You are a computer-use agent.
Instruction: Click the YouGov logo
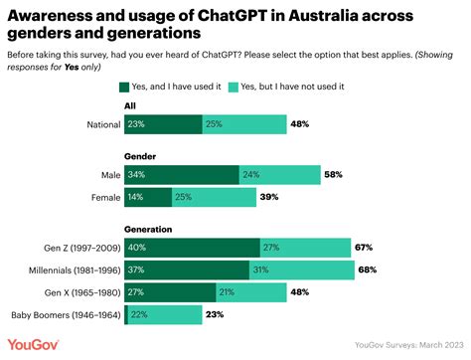[33, 344]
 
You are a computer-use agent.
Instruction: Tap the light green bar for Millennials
[301, 270]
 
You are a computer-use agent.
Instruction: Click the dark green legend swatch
[124, 86]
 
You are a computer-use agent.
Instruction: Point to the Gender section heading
[139, 156]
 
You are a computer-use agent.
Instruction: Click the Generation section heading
[147, 229]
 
